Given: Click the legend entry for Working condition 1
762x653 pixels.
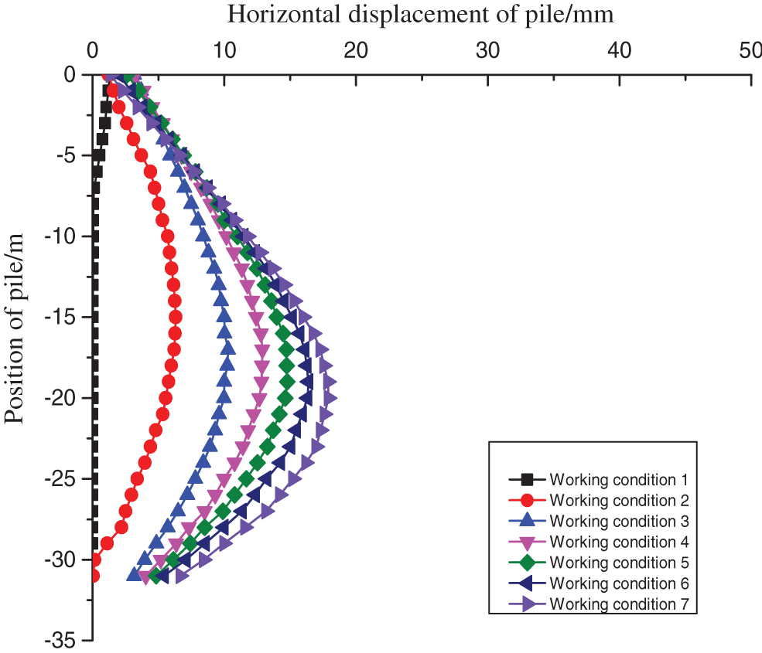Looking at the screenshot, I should pos(618,480).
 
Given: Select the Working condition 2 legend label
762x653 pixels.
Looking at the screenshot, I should pos(618,501).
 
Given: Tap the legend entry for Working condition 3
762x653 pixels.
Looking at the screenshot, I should pos(618,522).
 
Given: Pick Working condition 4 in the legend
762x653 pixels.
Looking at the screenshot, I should pos(618,542).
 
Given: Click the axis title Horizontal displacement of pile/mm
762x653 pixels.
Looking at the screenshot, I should pos(421,13).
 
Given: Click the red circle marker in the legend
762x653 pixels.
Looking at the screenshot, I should pos(526,501).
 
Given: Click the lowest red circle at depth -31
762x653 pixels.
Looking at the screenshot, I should pos(93,576).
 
